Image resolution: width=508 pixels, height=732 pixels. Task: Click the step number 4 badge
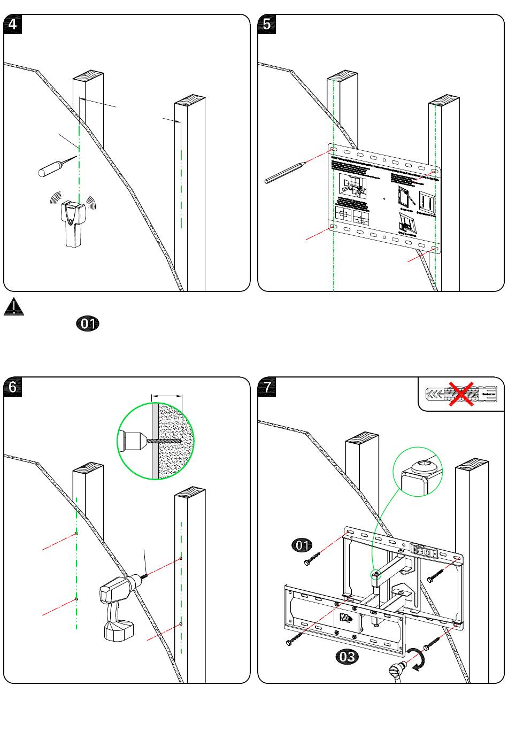pos(13,25)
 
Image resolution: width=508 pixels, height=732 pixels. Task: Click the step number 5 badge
pos(267,25)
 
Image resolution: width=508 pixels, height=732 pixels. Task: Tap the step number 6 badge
pos(13,387)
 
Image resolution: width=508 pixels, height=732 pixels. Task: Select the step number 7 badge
pos(267,387)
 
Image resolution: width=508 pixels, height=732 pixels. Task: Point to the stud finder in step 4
pos(73,222)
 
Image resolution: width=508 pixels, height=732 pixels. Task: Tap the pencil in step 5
pos(285,172)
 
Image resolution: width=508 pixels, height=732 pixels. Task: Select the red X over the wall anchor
pos(461,394)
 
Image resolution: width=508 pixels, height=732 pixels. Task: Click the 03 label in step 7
pos(347,656)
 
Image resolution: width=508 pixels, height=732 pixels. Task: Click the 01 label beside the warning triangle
pos(88,323)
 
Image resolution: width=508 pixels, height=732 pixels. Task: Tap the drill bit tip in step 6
pos(145,576)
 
